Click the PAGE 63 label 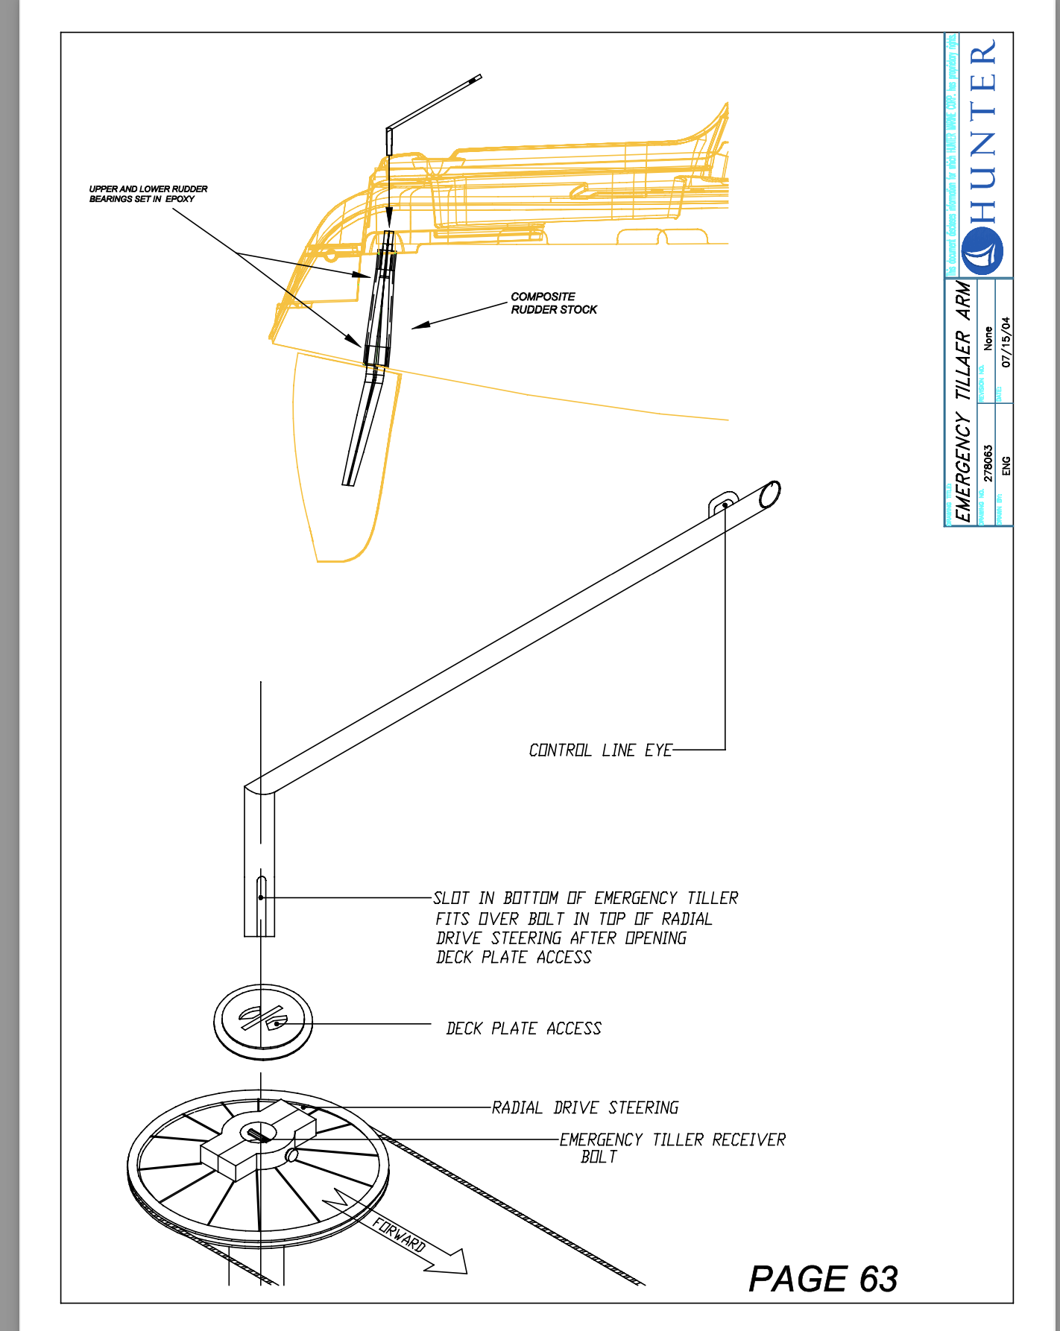tap(823, 1279)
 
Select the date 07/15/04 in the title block tap(1006, 342)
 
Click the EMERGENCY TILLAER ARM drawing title tap(964, 402)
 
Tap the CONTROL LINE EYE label tap(600, 750)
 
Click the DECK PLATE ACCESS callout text tap(523, 1029)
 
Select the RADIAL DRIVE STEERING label tap(585, 1108)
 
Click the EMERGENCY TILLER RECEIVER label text tap(672, 1140)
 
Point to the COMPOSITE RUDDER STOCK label tap(553, 303)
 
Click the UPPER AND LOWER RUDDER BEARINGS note tap(148, 194)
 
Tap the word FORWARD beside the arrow tap(400, 1235)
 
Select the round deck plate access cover tap(263, 1021)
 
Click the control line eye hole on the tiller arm tap(725, 505)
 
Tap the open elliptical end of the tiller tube tap(769, 494)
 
